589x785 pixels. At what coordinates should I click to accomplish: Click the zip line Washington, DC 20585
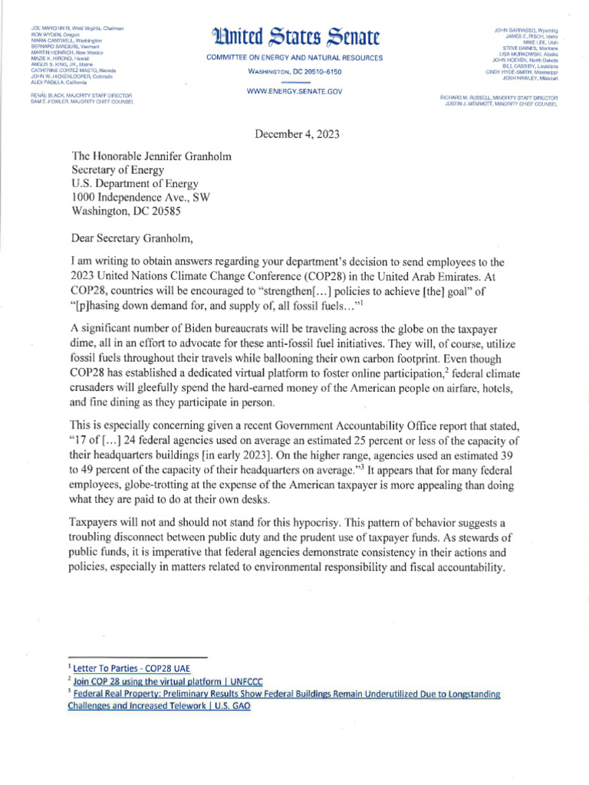coord(133,213)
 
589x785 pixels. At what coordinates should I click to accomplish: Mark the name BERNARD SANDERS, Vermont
coord(57,47)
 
